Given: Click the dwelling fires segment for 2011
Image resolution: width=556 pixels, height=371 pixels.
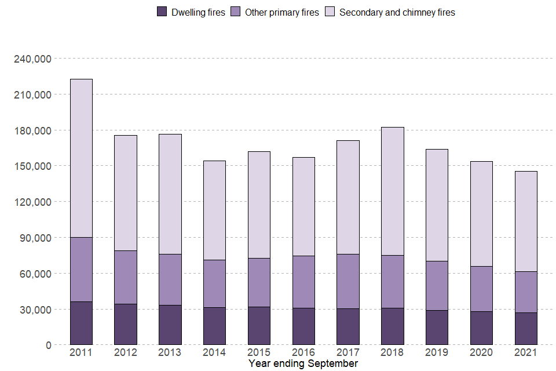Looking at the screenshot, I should pyautogui.click(x=81, y=323).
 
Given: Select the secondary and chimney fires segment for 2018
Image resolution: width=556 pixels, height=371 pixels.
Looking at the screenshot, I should pyautogui.click(x=393, y=191).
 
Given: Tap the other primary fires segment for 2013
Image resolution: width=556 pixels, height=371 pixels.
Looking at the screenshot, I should pyautogui.click(x=170, y=279).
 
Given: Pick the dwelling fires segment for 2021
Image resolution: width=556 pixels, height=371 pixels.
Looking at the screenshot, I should pyautogui.click(x=526, y=329).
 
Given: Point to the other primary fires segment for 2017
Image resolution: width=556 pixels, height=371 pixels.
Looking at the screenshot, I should pyautogui.click(x=348, y=281).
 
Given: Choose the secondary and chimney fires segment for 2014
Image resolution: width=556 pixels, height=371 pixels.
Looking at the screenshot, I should pyautogui.click(x=214, y=210).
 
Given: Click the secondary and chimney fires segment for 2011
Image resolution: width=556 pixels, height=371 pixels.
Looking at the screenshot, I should pyautogui.click(x=81, y=158).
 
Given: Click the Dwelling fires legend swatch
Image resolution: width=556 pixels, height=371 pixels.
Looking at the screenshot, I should pyautogui.click(x=162, y=12).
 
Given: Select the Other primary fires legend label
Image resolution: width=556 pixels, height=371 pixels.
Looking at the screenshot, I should pyautogui.click(x=281, y=12).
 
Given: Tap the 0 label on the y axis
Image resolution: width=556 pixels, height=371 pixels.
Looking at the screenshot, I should pyautogui.click(x=49, y=345).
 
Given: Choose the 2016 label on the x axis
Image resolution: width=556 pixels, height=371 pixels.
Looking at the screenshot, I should pyautogui.click(x=303, y=352).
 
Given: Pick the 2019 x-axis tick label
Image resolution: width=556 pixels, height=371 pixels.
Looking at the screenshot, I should pyautogui.click(x=437, y=352).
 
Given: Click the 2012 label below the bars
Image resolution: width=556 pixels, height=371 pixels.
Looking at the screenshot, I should pyautogui.click(x=126, y=352).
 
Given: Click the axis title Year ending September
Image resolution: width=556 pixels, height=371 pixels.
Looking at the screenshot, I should pyautogui.click(x=303, y=363).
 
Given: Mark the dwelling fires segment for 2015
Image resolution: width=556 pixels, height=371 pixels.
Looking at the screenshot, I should pyautogui.click(x=259, y=326).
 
